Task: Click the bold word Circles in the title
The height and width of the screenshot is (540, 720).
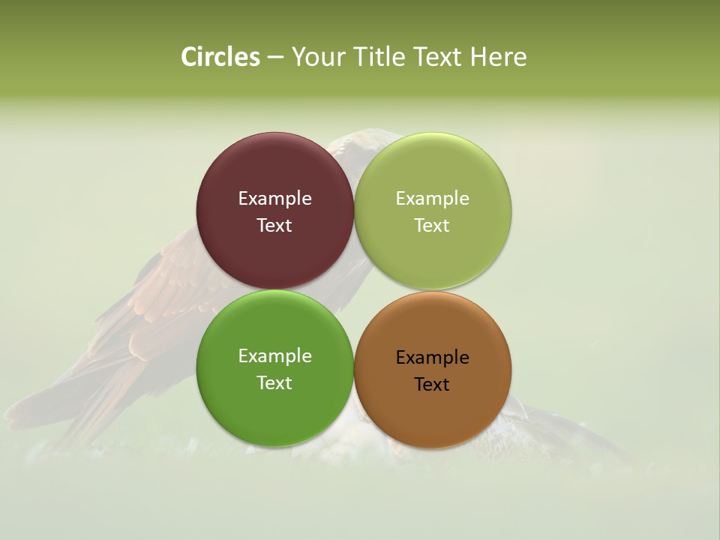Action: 220,57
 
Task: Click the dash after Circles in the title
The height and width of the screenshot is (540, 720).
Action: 275,58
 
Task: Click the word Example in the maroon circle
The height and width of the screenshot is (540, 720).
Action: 274,199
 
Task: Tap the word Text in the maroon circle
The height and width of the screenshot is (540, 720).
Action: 274,226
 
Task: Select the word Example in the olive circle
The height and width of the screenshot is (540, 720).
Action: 432,199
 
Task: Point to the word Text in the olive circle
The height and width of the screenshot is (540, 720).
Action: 432,226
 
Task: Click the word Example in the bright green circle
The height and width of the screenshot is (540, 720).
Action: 274,356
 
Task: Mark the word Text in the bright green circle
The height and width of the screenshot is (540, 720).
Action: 274,383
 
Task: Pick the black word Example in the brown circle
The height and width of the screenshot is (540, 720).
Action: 432,358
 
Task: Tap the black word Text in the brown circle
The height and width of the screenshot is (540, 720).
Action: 432,385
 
